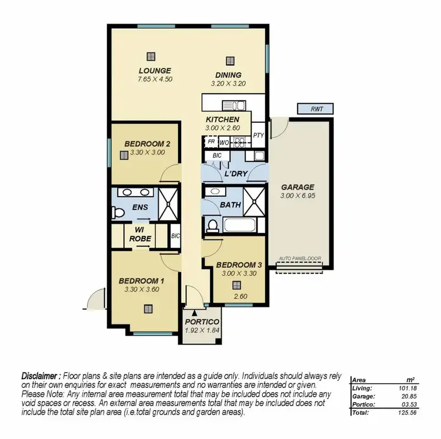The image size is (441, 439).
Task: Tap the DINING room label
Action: point(228,75)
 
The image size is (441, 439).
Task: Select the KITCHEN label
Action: point(222,120)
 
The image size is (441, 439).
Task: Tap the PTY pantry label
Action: point(258,136)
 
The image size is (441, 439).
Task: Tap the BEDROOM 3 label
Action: point(236,264)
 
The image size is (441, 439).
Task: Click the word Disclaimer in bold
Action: point(41,375)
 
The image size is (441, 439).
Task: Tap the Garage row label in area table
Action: point(363,396)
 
